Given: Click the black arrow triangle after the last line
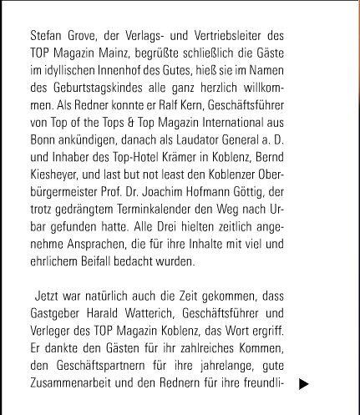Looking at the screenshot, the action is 304,385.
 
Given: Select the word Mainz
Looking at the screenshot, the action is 114,54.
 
